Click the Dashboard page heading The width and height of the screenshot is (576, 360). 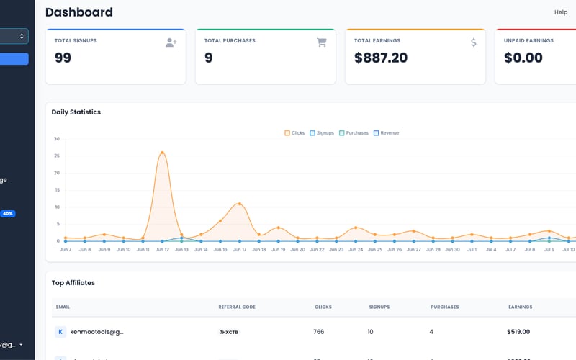pyautogui.click(x=79, y=12)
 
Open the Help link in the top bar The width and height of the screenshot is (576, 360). pyautogui.click(x=560, y=12)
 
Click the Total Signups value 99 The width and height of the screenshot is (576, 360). pyautogui.click(x=63, y=58)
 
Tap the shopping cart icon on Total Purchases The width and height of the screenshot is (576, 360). pyautogui.click(x=322, y=42)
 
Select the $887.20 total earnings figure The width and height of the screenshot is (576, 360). pyautogui.click(x=380, y=58)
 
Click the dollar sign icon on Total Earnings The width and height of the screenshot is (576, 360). pyautogui.click(x=473, y=42)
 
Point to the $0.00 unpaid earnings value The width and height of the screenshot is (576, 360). pyautogui.click(x=523, y=58)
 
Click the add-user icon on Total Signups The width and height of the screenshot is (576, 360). pyautogui.click(x=171, y=42)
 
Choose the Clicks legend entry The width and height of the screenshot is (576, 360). pyautogui.click(x=294, y=133)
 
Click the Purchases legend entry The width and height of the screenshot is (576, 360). pyautogui.click(x=354, y=133)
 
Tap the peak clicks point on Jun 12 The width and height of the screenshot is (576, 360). pyautogui.click(x=163, y=153)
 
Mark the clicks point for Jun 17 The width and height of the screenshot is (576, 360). pyautogui.click(x=240, y=204)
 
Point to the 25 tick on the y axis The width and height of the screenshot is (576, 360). pyautogui.click(x=57, y=156)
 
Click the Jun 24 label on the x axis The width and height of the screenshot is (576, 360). pyautogui.click(x=356, y=250)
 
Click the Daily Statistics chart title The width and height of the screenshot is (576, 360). pyautogui.click(x=76, y=112)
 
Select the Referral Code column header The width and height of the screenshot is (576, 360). pyautogui.click(x=237, y=307)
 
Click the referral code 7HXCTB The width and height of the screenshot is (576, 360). pyautogui.click(x=228, y=333)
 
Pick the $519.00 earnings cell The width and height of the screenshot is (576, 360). pyautogui.click(x=518, y=332)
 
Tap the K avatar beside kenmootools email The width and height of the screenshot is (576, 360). pyautogui.click(x=61, y=332)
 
